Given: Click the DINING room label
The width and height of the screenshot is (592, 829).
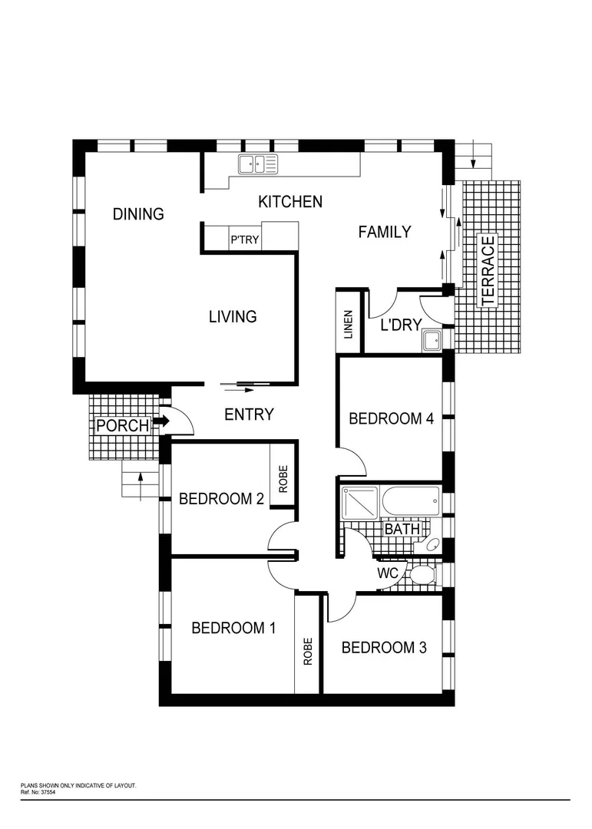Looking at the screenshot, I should click(x=138, y=214).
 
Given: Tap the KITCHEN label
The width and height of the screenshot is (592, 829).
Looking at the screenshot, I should click(x=289, y=202).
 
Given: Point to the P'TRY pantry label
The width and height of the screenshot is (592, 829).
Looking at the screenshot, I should click(x=245, y=240).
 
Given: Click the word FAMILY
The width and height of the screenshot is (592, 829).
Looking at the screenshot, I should click(x=385, y=232).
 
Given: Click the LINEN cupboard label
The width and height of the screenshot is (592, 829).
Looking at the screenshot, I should click(x=349, y=324).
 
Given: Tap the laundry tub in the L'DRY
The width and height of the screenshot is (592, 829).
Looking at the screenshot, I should click(x=431, y=340).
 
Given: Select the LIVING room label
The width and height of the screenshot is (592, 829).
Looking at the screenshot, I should click(x=233, y=316).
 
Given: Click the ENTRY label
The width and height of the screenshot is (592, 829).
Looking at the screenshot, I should click(x=249, y=414).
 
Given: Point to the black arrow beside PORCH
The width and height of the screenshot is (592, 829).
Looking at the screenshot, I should click(x=160, y=421).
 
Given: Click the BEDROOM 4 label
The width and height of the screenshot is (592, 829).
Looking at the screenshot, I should click(x=391, y=418).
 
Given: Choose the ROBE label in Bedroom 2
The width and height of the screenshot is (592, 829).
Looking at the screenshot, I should click(x=283, y=480).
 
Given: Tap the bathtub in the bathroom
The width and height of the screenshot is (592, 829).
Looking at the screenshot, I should click(x=411, y=503).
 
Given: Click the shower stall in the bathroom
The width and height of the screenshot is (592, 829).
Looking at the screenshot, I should click(x=359, y=503).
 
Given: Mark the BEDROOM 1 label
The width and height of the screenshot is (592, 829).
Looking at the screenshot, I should click(x=233, y=628).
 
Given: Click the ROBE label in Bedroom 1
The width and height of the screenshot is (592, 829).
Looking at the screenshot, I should click(x=308, y=652).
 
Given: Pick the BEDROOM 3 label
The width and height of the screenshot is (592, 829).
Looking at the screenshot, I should click(x=383, y=647).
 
